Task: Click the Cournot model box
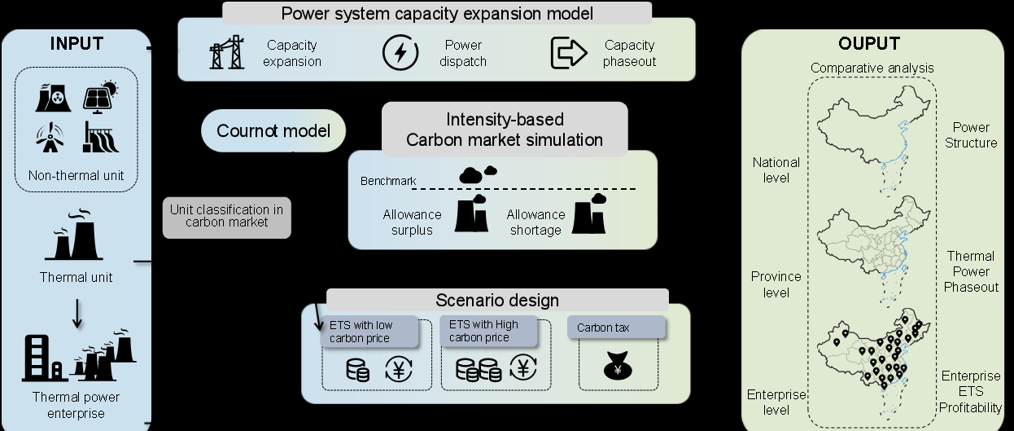click(273, 131)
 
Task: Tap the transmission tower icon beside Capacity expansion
click(226, 52)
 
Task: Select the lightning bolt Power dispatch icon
click(400, 53)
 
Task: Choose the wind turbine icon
click(49, 138)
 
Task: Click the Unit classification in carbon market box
click(226, 215)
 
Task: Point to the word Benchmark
click(388, 180)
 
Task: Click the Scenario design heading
click(497, 300)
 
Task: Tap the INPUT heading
click(76, 43)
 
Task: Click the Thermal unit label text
click(76, 277)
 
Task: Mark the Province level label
click(776, 284)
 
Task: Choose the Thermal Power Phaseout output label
click(971, 271)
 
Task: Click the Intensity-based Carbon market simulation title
click(505, 130)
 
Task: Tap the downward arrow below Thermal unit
click(76, 314)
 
